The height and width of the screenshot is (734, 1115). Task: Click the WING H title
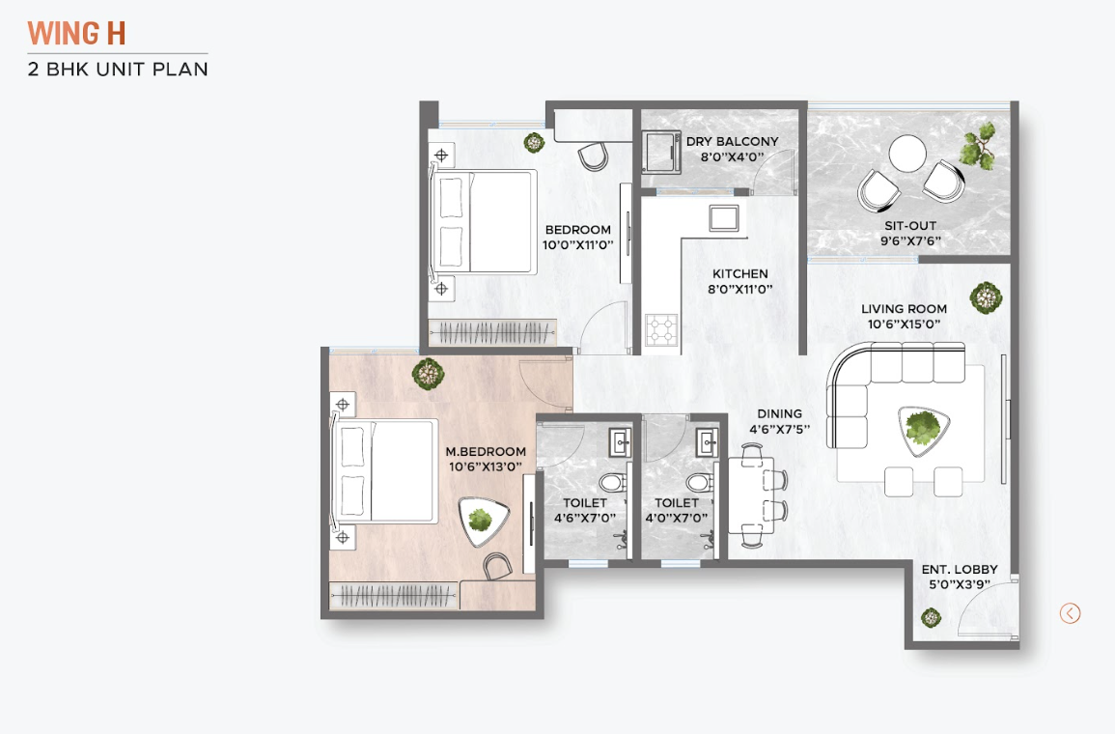[x=77, y=34]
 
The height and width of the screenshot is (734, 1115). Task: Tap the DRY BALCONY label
[x=732, y=142]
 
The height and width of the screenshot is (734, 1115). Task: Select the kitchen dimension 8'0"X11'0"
[x=739, y=289]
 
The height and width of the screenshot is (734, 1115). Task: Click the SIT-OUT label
[x=910, y=225]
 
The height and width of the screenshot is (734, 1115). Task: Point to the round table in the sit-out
[x=908, y=153]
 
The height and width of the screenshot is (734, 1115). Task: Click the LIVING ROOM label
[x=904, y=309]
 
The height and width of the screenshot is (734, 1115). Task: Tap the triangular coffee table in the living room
[x=924, y=429]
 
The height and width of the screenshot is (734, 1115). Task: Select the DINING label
[x=779, y=413]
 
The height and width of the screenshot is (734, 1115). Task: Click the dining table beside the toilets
[x=751, y=495]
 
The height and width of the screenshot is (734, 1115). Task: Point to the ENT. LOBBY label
[x=960, y=569]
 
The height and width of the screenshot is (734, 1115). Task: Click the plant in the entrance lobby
[x=931, y=617]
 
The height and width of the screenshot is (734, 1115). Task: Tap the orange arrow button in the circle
[x=1070, y=613]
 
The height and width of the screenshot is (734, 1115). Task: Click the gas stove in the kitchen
[x=661, y=329]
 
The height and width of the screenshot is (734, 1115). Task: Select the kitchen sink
[x=724, y=217]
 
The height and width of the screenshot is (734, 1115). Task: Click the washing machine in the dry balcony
[x=661, y=152]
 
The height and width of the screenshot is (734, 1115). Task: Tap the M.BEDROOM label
[x=486, y=451]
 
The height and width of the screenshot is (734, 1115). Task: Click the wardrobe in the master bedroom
[x=394, y=596]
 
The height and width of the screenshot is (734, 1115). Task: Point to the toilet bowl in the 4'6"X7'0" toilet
[x=612, y=484]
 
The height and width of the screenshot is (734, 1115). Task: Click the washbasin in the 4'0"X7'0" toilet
[x=707, y=442]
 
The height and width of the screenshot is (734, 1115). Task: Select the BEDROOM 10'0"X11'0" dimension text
[x=577, y=244]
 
